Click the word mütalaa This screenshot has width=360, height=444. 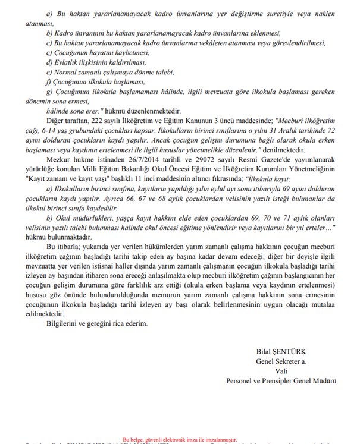[323, 303]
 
